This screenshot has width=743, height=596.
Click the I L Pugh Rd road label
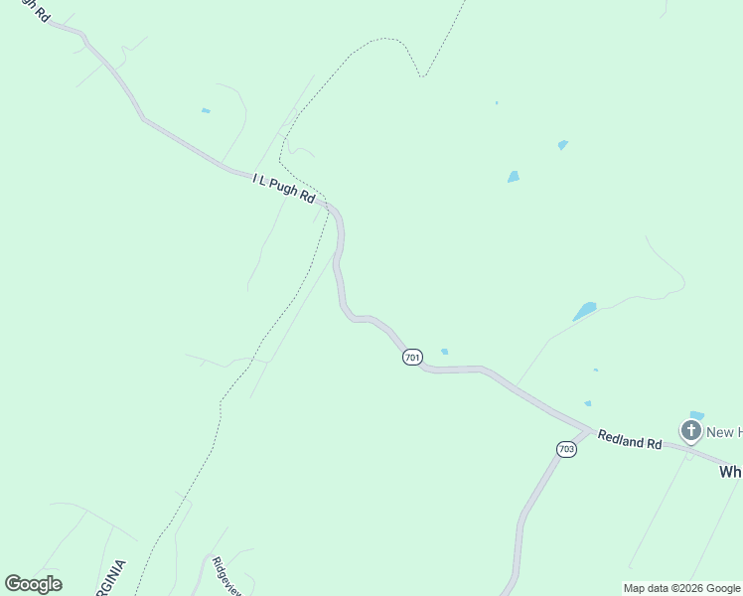(283, 189)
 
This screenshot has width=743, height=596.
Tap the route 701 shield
(412, 357)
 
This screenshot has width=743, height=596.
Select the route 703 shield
(566, 450)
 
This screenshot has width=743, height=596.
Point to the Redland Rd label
(629, 439)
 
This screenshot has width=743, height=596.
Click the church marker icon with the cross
(690, 431)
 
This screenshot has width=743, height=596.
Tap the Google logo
(33, 584)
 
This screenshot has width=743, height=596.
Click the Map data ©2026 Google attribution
(681, 588)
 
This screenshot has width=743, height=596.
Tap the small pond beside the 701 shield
(444, 351)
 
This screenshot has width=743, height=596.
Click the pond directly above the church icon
(696, 415)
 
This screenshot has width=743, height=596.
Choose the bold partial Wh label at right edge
(730, 473)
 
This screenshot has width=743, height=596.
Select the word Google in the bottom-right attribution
(723, 588)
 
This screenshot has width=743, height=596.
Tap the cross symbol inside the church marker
(690, 430)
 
